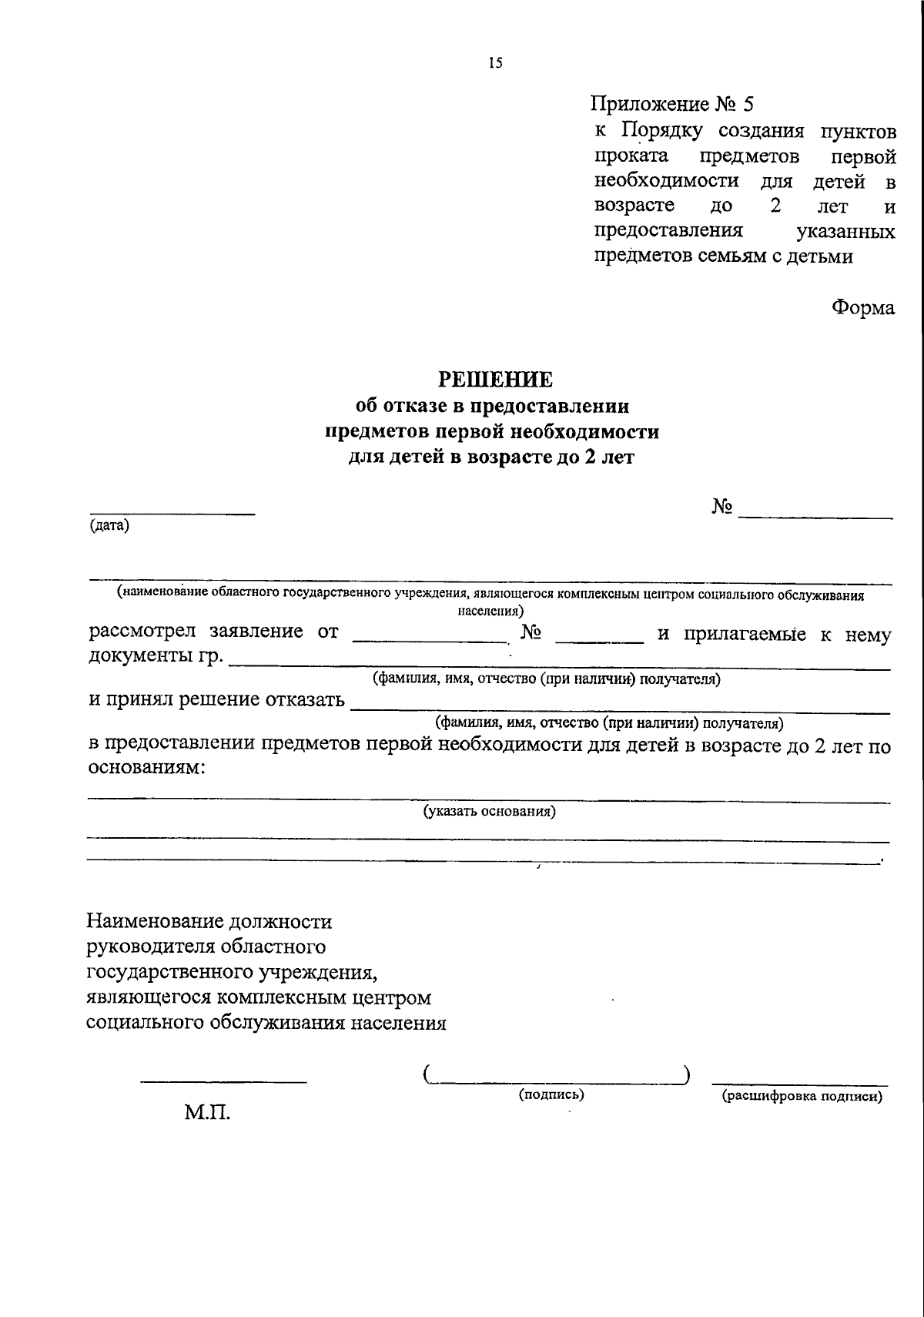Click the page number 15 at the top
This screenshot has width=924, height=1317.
[494, 64]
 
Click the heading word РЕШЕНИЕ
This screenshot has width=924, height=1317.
[495, 379]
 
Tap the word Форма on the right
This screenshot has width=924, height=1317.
[862, 307]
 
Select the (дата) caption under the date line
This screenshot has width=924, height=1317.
[109, 527]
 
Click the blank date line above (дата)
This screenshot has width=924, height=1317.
[172, 513]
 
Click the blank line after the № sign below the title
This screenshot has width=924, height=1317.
[815, 515]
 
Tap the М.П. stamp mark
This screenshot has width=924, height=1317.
[206, 1112]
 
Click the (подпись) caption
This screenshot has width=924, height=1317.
[551, 1094]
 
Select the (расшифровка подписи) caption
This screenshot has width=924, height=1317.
[801, 1097]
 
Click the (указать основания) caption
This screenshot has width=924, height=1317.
[490, 811]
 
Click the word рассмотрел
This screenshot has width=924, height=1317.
[142, 632]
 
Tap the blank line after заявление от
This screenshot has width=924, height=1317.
[428, 640]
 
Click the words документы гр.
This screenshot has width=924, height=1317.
[156, 656]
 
